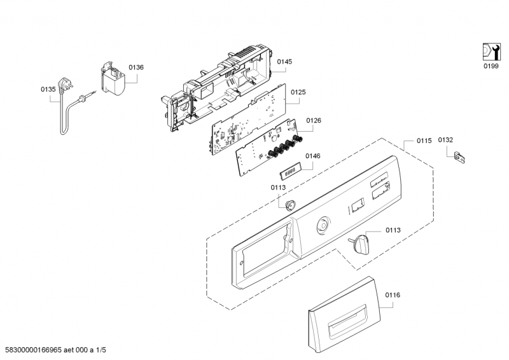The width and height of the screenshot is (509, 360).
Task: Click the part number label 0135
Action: click(48, 90)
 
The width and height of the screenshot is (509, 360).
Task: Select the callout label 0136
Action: click(136, 67)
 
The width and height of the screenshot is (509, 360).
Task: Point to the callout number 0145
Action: click(284, 62)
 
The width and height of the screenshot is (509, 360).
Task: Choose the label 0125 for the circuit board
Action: click(298, 92)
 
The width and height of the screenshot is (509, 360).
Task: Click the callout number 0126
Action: click(314, 120)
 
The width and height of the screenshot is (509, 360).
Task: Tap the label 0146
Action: click(312, 156)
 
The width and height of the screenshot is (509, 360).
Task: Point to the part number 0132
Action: click(445, 139)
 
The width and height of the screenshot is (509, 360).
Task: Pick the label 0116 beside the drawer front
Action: click(393, 296)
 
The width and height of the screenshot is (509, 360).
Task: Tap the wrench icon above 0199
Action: click(490, 52)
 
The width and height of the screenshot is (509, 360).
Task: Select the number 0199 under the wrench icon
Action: click(490, 66)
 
